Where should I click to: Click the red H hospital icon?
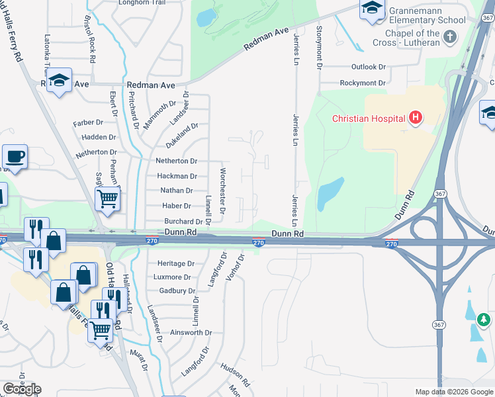coord(416,118)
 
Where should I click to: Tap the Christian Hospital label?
coord(369,119)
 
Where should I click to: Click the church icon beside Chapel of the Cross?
coord(450,37)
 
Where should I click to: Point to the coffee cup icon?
coord(15,157)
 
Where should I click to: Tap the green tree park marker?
coord(484,321)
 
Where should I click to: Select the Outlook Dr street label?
coord(368,67)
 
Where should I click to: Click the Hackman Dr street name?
coord(177,176)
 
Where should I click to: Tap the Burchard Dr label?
coord(179,222)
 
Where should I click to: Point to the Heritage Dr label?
coord(175,263)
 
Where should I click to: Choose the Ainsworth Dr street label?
coord(191,333)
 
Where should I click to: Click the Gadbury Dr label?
coord(177,290)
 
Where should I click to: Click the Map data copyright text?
coord(453,392)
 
